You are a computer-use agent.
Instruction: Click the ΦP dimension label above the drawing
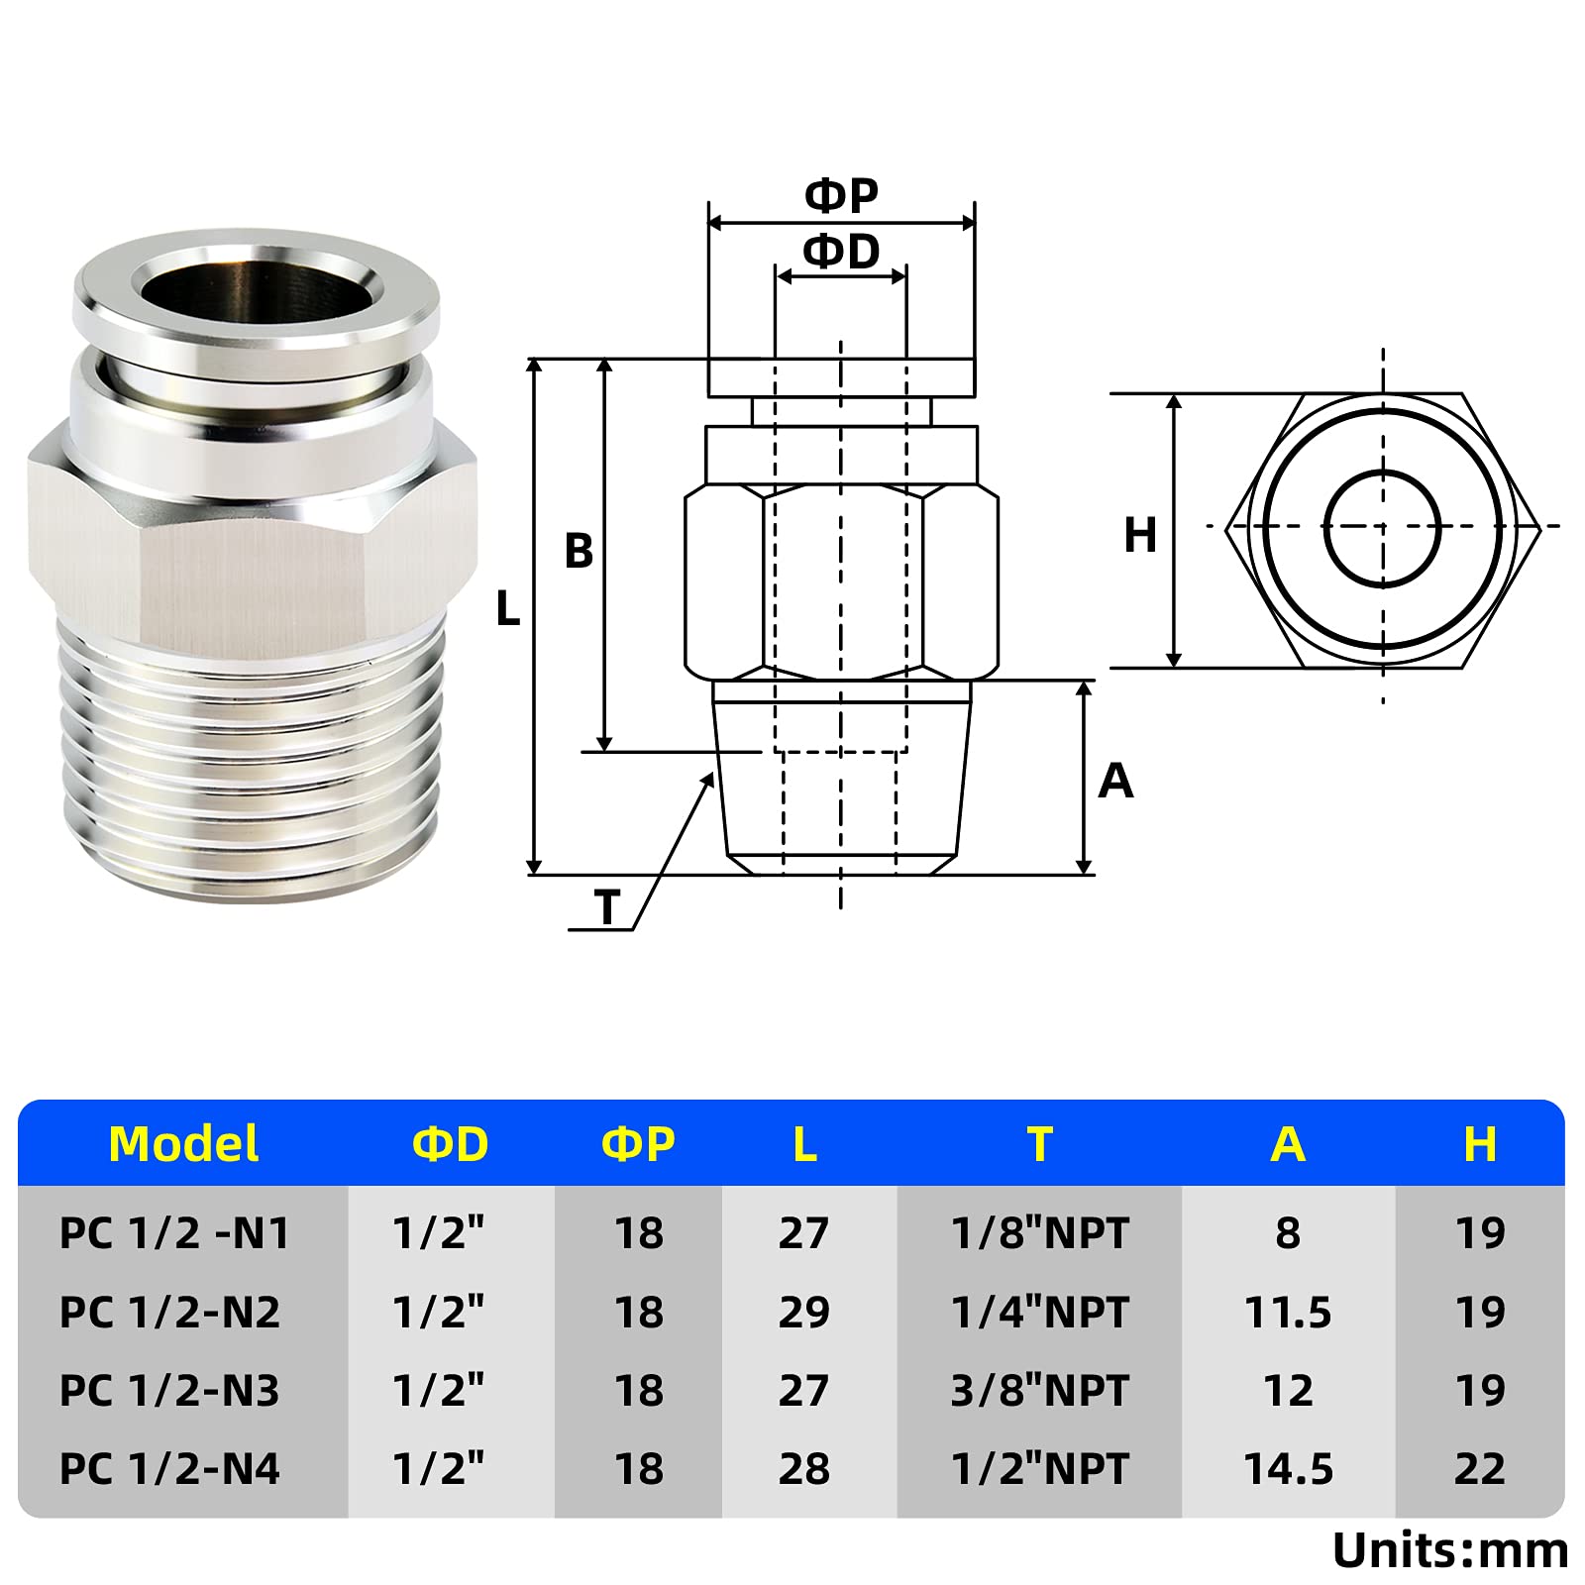(841, 195)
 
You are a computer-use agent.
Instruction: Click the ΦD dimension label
(841, 252)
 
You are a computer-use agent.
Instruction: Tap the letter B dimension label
(579, 552)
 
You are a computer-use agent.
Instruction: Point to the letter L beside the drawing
(508, 609)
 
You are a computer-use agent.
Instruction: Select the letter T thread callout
(606, 907)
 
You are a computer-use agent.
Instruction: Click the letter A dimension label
(1115, 782)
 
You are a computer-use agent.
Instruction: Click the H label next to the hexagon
(1140, 536)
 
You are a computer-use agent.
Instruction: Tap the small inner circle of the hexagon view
(1382, 527)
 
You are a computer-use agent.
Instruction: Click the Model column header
(183, 1144)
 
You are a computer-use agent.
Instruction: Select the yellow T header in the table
(1039, 1144)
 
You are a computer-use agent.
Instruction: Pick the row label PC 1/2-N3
(169, 1391)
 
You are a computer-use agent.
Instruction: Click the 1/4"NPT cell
(1039, 1313)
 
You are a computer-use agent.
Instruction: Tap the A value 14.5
(1288, 1469)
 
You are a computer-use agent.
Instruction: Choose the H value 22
(1480, 1469)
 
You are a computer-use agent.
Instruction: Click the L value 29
(803, 1313)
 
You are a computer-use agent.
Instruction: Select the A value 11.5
(1288, 1313)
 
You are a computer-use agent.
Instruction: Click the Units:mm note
(1449, 1551)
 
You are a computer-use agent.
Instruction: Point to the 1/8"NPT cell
(1039, 1234)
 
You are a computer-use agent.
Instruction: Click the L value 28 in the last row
(803, 1469)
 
